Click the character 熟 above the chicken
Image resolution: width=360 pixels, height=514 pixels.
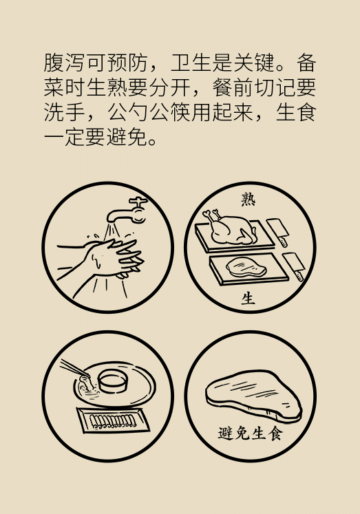(x=248, y=200)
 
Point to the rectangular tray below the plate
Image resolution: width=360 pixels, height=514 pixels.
(x=109, y=419)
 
